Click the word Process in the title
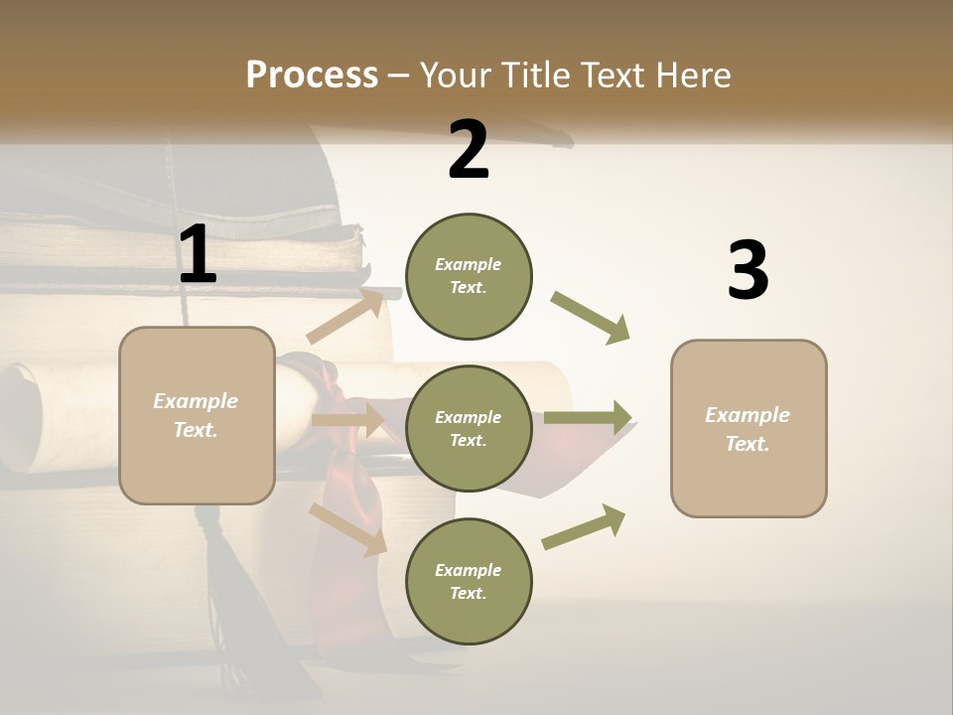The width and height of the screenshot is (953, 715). coord(312,74)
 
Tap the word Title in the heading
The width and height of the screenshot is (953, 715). coord(534,74)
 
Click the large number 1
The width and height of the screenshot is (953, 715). coord(197,254)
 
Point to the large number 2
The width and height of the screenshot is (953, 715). coord(469,150)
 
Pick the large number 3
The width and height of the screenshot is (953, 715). coord(748,270)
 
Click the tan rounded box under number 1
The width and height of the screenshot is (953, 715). coord(197,415)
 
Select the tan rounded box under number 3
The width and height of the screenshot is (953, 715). coord(749,428)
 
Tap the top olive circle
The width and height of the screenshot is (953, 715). coord(469,276)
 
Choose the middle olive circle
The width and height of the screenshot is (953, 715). coord(469,428)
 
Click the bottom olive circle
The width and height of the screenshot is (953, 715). coord(469,581)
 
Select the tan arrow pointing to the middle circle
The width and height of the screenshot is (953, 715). coord(347,420)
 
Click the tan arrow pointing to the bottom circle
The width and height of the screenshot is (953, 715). coord(347,528)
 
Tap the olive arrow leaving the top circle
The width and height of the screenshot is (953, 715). coord(590,318)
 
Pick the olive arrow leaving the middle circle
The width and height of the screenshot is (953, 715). coord(588,418)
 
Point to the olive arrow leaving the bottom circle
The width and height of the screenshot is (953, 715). coord(584,527)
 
